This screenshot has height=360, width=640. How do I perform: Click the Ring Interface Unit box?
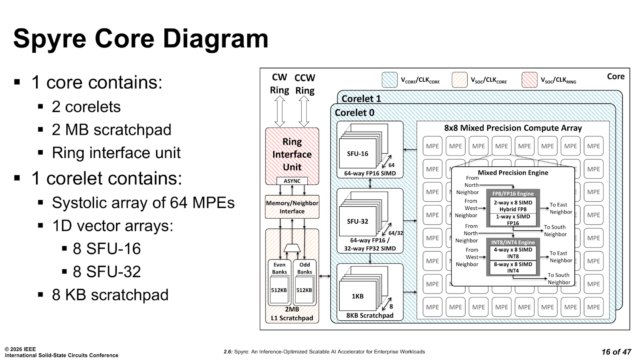pyautogui.click(x=292, y=156)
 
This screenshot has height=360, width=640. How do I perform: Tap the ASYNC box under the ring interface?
pyautogui.click(x=292, y=181)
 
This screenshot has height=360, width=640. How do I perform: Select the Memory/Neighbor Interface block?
pyautogui.click(x=292, y=207)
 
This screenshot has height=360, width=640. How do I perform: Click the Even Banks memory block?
pyautogui.click(x=280, y=282)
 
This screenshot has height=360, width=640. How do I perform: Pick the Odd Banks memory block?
pyautogui.click(x=304, y=282)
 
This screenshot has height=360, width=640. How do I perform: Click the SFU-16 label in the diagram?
pyautogui.click(x=358, y=154)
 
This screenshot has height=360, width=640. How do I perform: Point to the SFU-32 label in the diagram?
pyautogui.click(x=358, y=221)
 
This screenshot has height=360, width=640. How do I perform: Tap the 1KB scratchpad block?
pyautogui.click(x=358, y=296)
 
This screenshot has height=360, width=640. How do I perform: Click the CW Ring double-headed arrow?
pyautogui.click(x=280, y=111)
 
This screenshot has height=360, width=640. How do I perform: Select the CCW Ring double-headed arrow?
pyautogui.click(x=304, y=111)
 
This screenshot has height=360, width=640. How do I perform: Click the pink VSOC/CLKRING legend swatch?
pyautogui.click(x=530, y=80)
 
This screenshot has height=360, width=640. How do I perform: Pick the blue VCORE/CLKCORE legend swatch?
pyautogui.click(x=390, y=80)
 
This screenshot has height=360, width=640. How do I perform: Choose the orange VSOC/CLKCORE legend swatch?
pyautogui.click(x=460, y=80)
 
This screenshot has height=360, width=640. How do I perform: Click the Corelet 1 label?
pyautogui.click(x=362, y=98)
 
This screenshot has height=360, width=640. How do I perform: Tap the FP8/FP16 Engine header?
pyautogui.click(x=513, y=194)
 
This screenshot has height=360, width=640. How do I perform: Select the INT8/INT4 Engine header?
pyautogui.click(x=513, y=242)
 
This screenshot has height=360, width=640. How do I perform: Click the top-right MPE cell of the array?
pyautogui.click(x=594, y=146)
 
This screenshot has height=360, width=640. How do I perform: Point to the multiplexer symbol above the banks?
pyautogui.click(x=292, y=248)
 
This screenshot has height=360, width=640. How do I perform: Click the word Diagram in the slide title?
pyautogui.click(x=216, y=38)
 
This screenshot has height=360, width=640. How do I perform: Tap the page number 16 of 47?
pyautogui.click(x=616, y=352)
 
